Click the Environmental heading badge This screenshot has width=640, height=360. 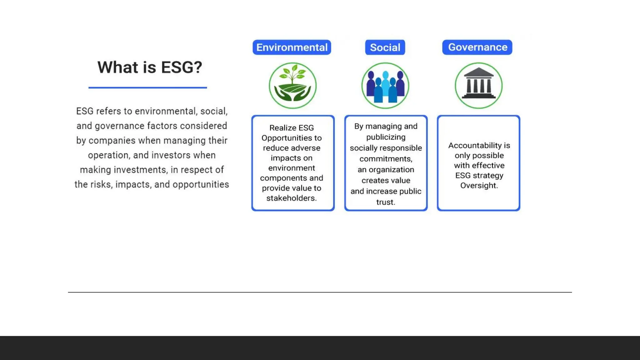[292, 47]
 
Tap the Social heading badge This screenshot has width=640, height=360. [385, 47]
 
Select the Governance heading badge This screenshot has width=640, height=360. [477, 47]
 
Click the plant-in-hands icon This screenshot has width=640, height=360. [292, 86]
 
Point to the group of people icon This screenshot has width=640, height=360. [385, 86]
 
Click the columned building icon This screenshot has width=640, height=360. [478, 86]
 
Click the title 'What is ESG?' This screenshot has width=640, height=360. [150, 67]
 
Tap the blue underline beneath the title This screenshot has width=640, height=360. [147, 87]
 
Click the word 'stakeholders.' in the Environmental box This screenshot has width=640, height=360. [291, 198]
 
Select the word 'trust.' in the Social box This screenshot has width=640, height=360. [386, 202]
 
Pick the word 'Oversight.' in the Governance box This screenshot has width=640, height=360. [479, 186]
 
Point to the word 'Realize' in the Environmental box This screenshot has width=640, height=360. [282, 128]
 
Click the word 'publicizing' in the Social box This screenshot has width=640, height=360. [386, 137]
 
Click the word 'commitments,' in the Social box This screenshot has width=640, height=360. [386, 159]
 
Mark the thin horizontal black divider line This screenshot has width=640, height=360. [320, 292]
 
